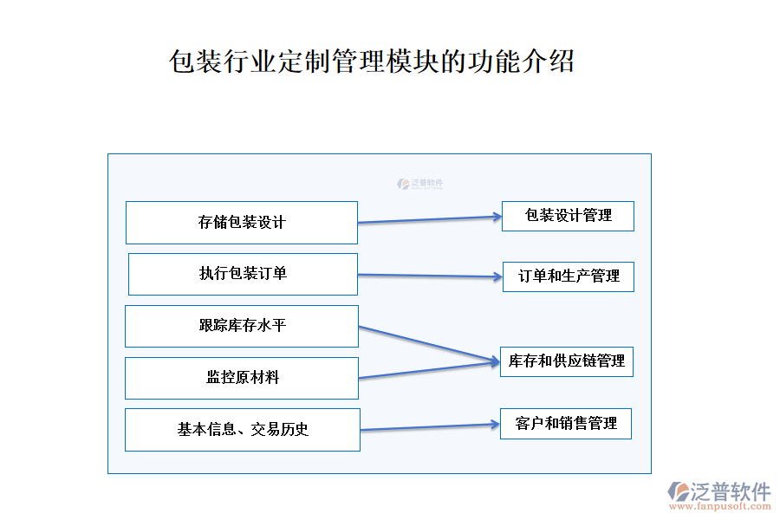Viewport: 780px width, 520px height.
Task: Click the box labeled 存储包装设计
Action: [242, 223]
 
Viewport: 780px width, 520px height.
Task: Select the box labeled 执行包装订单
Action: [243, 274]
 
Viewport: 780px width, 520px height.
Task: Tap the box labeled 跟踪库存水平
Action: [242, 326]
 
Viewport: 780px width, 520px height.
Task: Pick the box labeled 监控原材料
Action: [242, 378]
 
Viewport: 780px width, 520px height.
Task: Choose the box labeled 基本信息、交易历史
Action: [243, 430]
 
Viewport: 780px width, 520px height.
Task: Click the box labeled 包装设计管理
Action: [568, 216]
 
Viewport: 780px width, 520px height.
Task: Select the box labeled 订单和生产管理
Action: [569, 276]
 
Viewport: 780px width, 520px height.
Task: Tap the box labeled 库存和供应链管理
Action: [566, 361]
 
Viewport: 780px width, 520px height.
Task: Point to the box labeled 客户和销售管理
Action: [565, 424]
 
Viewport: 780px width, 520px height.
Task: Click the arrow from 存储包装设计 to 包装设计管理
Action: [429, 219]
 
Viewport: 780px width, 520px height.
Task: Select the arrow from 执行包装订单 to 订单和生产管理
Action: [429, 276]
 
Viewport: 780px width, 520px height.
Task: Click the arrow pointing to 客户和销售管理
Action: [429, 427]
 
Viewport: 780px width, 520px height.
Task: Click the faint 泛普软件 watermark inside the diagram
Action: [420, 184]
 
